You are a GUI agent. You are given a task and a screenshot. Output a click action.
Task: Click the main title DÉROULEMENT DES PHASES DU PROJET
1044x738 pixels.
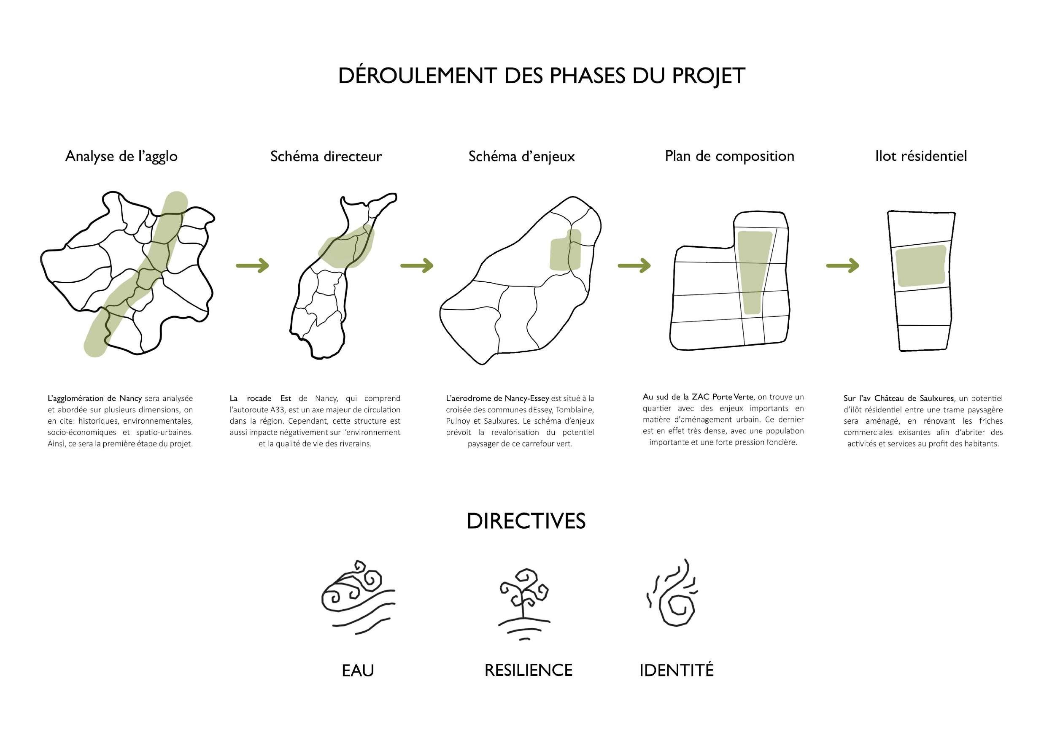pos(541,76)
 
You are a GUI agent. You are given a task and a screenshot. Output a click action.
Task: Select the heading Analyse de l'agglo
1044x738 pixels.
pos(121,157)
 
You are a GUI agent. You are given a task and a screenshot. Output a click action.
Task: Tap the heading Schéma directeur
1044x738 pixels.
pos(326,157)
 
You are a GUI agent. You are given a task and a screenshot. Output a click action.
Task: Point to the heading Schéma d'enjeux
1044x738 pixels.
pos(521,157)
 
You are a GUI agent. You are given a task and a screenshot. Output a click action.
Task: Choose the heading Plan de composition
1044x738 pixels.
pos(729,156)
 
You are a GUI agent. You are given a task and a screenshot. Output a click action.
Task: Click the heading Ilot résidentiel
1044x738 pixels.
pos(921,156)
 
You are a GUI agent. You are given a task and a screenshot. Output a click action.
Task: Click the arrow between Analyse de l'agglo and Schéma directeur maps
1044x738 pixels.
pos(252,265)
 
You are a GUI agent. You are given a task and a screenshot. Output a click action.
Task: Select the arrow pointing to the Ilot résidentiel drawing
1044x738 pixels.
pos(842,265)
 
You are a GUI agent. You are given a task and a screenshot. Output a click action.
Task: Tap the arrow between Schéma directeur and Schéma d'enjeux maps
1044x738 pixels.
pos(416,265)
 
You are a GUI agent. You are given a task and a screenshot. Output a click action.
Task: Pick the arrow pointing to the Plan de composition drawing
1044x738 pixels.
pos(634,265)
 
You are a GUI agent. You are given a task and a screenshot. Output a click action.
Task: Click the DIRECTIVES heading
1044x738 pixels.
pos(526,521)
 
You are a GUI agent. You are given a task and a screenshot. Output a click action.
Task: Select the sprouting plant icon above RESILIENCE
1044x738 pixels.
pos(524,604)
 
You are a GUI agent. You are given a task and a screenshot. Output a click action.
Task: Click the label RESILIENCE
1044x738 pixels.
pos(529,670)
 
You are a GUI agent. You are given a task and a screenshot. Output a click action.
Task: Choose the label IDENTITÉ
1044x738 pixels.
pos(676,670)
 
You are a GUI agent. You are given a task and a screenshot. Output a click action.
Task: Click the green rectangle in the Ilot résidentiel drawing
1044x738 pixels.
pos(921,265)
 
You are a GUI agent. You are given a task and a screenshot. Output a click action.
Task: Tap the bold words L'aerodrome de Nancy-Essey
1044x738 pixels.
pos(497,399)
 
